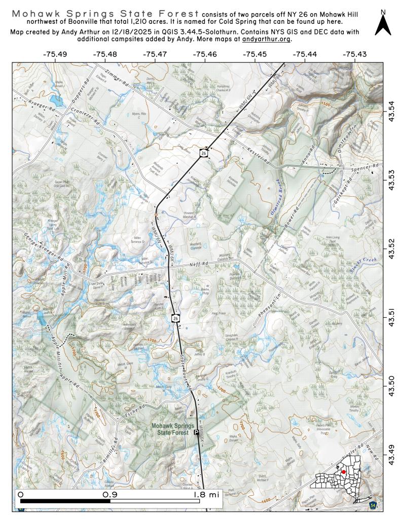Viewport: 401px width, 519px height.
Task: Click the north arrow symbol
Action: click(383, 23)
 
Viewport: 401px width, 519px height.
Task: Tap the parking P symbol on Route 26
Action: click(196, 432)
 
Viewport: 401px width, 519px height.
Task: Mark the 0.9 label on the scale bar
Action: click(110, 494)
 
